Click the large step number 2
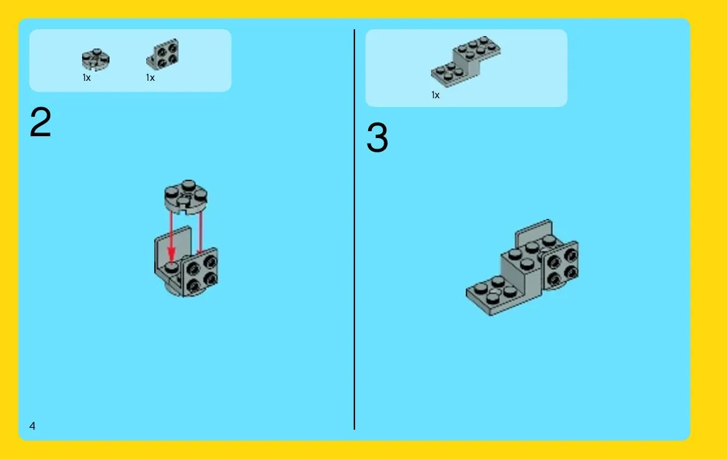(x=40, y=122)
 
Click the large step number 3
(x=377, y=137)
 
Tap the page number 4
(x=32, y=425)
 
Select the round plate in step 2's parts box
(x=96, y=59)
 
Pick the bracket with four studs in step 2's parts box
(x=163, y=53)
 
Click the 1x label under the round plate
(x=86, y=78)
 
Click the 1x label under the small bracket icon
(x=150, y=78)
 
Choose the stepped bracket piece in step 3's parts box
(x=466, y=61)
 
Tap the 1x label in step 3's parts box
(x=435, y=95)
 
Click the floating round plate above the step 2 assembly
(x=186, y=197)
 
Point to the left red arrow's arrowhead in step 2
(x=171, y=254)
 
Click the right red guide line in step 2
(x=200, y=233)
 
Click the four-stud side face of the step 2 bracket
(x=200, y=272)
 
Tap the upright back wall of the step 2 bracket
(x=172, y=246)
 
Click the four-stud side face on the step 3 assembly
(x=562, y=266)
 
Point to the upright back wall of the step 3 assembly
(x=533, y=232)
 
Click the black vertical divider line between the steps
(x=354, y=229)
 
